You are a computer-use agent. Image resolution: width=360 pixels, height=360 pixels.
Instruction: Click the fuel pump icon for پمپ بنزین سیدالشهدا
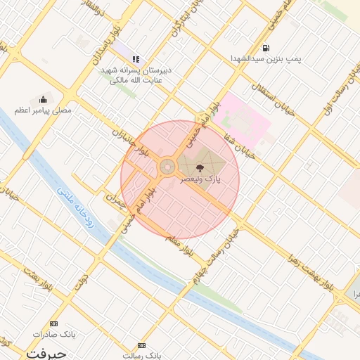coord(266,48)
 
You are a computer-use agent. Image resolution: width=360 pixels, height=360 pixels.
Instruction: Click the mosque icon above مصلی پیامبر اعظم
coord(44,99)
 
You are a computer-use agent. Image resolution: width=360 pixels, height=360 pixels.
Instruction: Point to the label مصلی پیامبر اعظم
coord(43,111)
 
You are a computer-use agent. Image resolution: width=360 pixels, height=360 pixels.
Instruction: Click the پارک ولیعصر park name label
coord(200,180)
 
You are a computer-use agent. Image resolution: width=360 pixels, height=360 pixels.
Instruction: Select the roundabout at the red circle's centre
coord(167,167)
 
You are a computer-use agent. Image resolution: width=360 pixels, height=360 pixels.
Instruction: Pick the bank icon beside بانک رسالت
coord(142,346)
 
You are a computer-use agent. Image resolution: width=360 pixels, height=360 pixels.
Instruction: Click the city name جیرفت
coord(46,354)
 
